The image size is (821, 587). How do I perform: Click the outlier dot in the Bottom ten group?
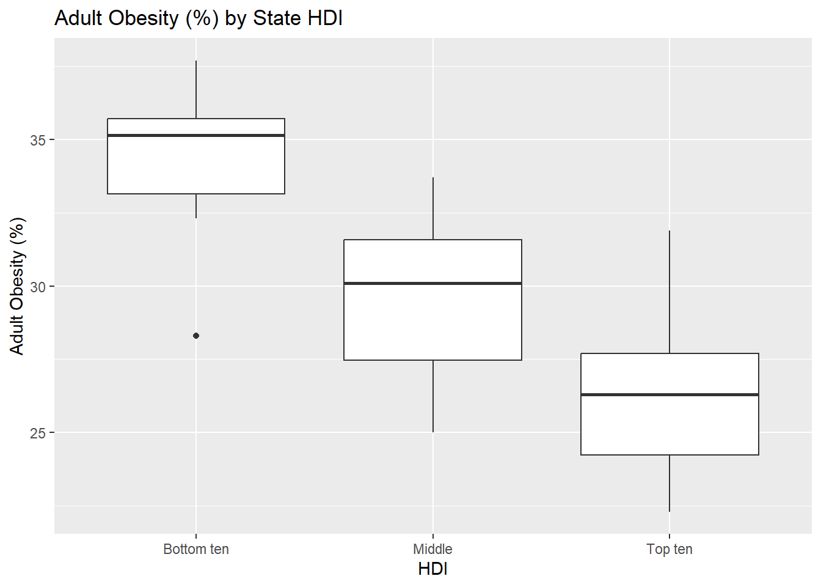coord(196,336)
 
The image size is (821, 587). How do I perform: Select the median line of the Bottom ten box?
coord(196,135)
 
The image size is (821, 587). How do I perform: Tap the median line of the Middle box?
coord(433,283)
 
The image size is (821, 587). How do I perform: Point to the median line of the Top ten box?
coord(670,395)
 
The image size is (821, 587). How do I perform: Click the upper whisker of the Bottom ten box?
coord(196,89)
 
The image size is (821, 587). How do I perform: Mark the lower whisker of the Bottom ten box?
coord(196,206)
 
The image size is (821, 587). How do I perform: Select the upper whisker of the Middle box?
coord(433,209)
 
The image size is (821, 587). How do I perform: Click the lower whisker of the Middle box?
coord(433,396)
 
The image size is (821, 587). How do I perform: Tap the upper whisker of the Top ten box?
coord(670,292)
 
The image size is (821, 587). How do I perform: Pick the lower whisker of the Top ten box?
coord(670,483)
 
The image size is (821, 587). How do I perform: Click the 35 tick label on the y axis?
coord(38,140)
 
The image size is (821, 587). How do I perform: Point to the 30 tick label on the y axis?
coord(38,287)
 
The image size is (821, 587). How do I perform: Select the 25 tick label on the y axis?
coord(38,433)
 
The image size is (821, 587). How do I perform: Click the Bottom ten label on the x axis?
coord(196,549)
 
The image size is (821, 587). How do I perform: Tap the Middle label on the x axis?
coord(433,549)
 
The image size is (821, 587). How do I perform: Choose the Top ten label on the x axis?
coord(670,549)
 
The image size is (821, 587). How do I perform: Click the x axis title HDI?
coord(433,569)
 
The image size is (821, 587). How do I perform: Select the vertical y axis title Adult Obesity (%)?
coord(17,286)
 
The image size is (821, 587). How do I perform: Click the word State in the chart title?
coord(277,18)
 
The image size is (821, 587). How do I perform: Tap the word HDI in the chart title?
coord(325,18)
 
